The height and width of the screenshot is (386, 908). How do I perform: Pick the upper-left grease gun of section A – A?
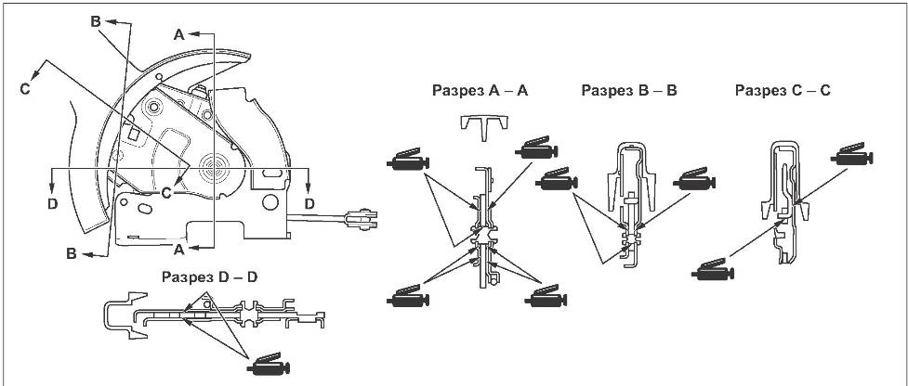[x=406, y=161]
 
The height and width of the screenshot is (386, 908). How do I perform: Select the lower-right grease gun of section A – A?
[x=545, y=299]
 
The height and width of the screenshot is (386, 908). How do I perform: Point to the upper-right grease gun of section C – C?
[x=853, y=155]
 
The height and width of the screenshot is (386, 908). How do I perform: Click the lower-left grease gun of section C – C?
[x=714, y=271]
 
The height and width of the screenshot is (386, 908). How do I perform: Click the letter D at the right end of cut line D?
[x=309, y=201]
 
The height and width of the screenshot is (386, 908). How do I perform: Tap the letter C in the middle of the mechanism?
[x=165, y=192]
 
